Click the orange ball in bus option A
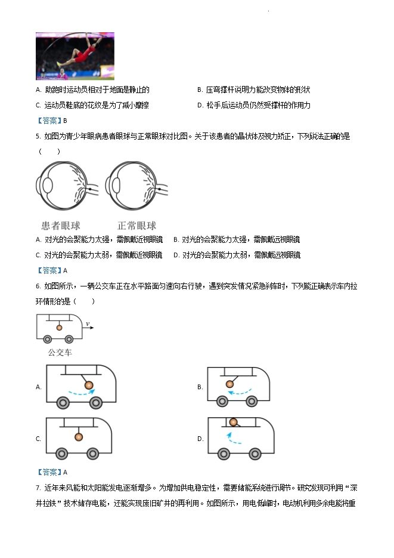(x=89, y=386)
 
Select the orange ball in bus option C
(x=78, y=436)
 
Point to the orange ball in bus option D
(x=234, y=423)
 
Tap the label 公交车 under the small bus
(x=60, y=353)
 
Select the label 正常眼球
(x=136, y=226)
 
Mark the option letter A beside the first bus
(x=38, y=387)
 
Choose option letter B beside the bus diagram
(x=200, y=387)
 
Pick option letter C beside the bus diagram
(x=38, y=439)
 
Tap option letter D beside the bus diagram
(x=200, y=439)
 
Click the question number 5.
(x=38, y=136)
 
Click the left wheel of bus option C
(x=61, y=454)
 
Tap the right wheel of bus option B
(x=252, y=401)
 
